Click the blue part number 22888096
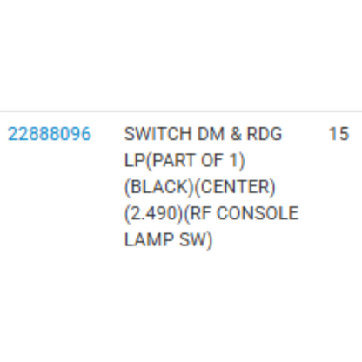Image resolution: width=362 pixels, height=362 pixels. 50,134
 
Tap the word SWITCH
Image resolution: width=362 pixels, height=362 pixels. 158,134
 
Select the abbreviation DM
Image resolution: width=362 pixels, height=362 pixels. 211,134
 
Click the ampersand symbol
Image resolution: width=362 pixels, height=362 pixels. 236,134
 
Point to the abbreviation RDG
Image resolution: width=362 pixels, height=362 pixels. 265,134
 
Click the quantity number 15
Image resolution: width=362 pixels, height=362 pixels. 339,134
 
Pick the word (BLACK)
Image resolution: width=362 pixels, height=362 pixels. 158,187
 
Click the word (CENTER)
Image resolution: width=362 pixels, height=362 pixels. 235,187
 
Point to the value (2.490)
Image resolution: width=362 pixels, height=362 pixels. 153,213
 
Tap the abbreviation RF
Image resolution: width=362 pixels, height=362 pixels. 201,213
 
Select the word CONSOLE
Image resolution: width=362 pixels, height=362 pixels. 258,213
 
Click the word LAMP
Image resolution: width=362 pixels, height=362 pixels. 149,240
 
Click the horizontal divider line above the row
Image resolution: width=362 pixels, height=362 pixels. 181,111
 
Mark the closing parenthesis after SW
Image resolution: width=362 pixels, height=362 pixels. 210,240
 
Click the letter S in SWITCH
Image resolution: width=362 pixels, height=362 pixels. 130,134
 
